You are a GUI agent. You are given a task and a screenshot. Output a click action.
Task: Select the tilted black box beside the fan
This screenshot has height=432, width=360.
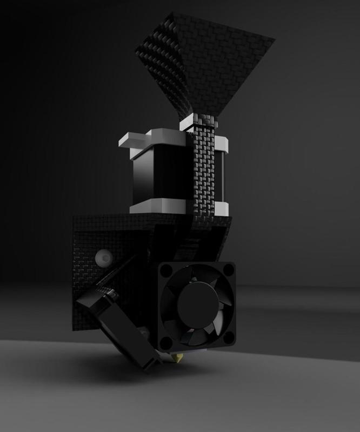116,329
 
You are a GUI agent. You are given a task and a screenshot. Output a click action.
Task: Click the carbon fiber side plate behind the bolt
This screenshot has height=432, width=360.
86,281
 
